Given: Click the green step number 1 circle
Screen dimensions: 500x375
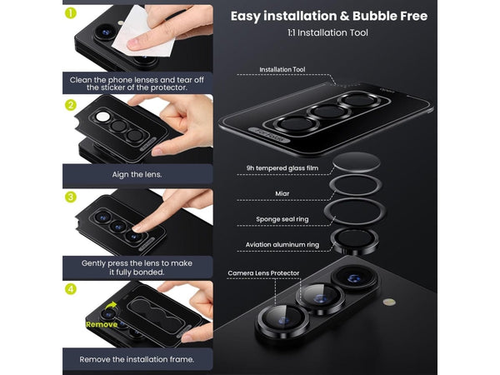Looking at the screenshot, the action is click(71, 13).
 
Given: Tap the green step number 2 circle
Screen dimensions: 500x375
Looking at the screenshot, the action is click(71, 105).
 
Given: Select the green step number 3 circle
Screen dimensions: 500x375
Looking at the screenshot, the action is click(71, 197).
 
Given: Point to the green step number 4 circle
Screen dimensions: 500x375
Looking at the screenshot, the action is click(71, 289).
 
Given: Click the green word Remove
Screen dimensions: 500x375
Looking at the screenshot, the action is click(102, 325).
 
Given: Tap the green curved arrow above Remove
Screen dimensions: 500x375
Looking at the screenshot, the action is click(111, 306).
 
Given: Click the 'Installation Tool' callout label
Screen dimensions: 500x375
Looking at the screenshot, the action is click(282, 69).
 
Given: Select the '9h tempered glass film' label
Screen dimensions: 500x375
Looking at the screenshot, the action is click(282, 168).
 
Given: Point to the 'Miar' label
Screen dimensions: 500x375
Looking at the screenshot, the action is click(282, 193).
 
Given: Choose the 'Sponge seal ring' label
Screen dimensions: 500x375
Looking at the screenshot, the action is click(282, 219).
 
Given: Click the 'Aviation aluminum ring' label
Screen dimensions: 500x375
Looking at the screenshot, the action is click(282, 244).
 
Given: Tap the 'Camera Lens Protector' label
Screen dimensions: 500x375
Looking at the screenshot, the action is click(263, 273).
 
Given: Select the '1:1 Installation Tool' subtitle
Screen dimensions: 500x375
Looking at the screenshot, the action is click(327, 32).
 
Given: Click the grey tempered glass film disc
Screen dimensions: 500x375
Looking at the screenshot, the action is click(357, 162).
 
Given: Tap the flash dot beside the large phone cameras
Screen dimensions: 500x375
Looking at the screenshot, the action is click(389, 302).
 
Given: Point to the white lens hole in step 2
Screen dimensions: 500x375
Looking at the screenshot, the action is click(102, 117).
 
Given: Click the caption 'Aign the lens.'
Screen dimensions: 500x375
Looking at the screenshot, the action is click(137, 175).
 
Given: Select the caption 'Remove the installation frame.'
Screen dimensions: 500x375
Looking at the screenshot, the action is click(137, 359).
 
